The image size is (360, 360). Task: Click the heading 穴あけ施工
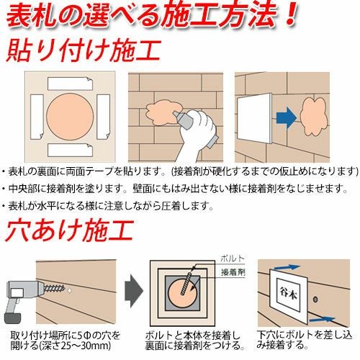[x=70, y=230]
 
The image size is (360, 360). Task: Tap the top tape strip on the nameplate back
[x=70, y=84]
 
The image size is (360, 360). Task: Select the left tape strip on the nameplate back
[x=37, y=117]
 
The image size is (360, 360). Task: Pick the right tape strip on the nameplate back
[x=104, y=117]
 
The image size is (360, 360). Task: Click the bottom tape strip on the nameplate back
[x=70, y=150]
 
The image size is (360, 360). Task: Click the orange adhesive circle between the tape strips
[x=70, y=117]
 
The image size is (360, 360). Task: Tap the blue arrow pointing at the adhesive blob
[x=287, y=118]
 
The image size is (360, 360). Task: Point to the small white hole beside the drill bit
[x=69, y=290]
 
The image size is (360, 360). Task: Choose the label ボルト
[x=233, y=258]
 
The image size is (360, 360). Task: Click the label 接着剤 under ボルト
[x=233, y=272]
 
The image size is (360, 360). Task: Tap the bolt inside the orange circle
[x=186, y=283]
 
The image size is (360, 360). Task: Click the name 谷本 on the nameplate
[x=288, y=294]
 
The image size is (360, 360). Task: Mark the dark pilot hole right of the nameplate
[x=315, y=300]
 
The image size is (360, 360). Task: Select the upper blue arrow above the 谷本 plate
[x=287, y=267]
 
